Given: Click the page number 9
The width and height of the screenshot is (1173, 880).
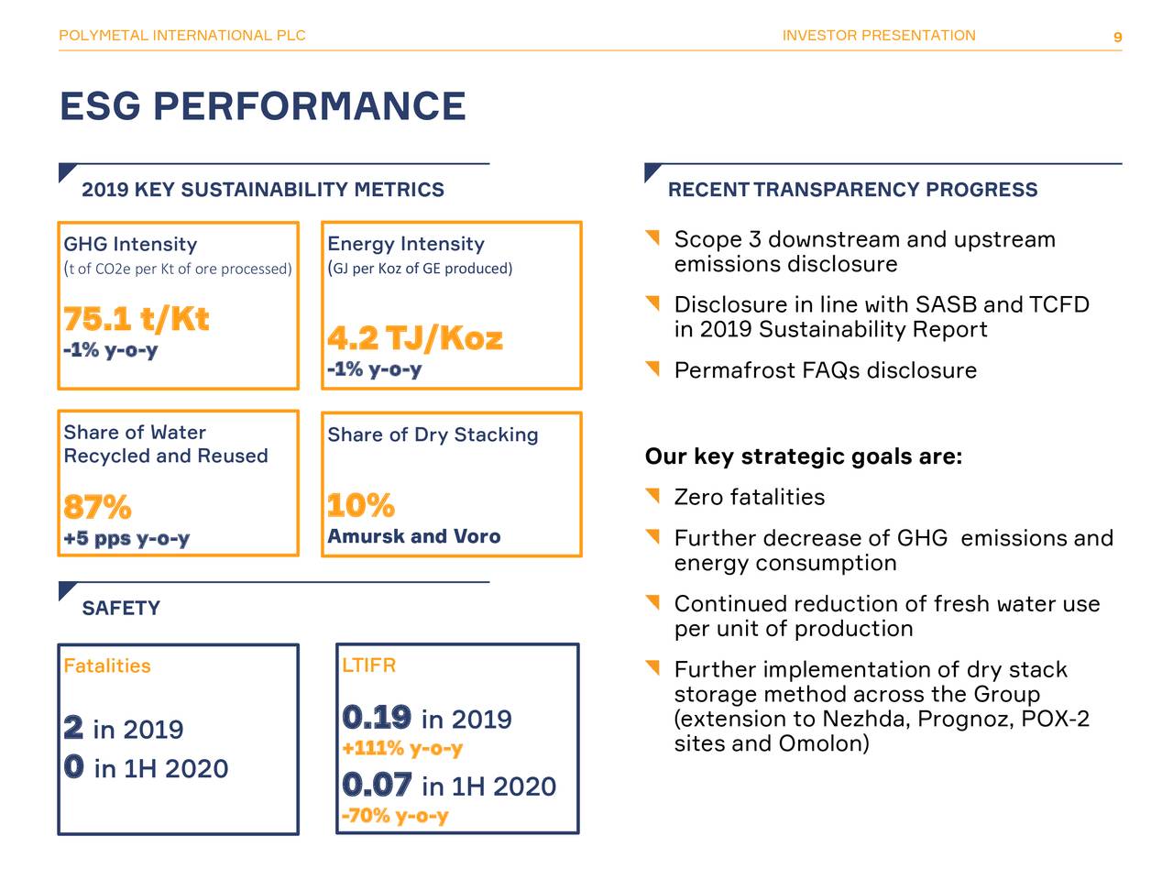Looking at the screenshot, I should (x=1117, y=38).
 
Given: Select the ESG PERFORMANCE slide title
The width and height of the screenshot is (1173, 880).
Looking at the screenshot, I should (x=262, y=106).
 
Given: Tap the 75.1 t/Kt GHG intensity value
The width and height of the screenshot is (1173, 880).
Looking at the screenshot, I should (x=137, y=319).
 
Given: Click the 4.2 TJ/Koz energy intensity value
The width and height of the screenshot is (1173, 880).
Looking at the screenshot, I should (x=415, y=338).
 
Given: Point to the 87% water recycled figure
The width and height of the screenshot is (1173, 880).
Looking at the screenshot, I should (x=97, y=507).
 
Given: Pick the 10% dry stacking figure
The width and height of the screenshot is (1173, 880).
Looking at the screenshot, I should (x=361, y=505).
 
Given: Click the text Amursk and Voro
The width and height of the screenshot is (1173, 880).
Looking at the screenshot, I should (x=414, y=536).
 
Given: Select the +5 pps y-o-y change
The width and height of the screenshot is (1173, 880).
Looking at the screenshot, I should (x=126, y=538).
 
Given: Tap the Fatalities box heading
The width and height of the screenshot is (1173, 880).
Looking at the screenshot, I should (x=107, y=665).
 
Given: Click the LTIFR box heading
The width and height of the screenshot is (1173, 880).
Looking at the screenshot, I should (x=368, y=665).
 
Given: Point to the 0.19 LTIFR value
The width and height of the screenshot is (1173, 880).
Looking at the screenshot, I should (x=377, y=717).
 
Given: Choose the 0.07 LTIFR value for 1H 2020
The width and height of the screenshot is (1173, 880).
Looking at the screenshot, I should (x=377, y=785).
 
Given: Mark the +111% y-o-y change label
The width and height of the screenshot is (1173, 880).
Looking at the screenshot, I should (x=402, y=748).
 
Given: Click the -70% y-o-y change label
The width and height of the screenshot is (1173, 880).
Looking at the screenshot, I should (x=395, y=815).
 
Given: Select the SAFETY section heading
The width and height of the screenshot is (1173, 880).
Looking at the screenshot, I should (x=121, y=608).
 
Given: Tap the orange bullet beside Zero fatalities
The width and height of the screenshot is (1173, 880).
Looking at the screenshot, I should (x=652, y=496).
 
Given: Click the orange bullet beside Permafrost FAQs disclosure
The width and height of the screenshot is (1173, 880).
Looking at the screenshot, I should (x=652, y=369).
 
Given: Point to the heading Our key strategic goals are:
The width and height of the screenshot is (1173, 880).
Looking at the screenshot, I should (x=804, y=456).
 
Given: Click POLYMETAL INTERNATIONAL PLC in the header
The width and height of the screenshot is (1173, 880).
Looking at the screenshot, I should (x=182, y=36).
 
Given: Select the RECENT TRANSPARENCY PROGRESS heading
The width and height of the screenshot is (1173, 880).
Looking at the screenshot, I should (x=852, y=190).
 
